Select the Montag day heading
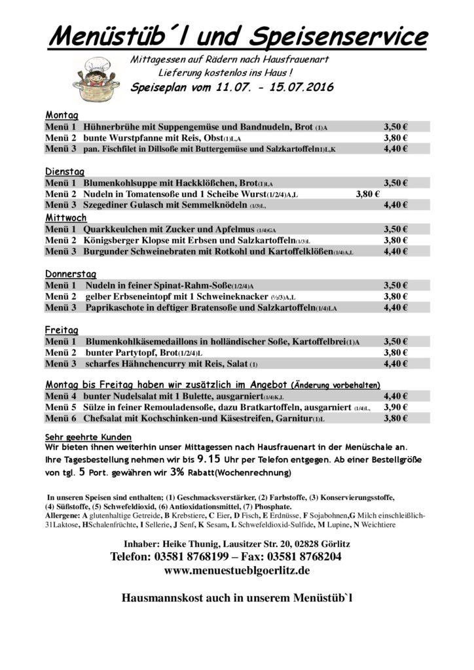(62, 114)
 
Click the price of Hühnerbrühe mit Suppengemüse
(395, 126)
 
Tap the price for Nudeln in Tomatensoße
(367, 194)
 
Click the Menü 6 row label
(61, 419)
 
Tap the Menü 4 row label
(61, 396)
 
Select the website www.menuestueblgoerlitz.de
(237, 571)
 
